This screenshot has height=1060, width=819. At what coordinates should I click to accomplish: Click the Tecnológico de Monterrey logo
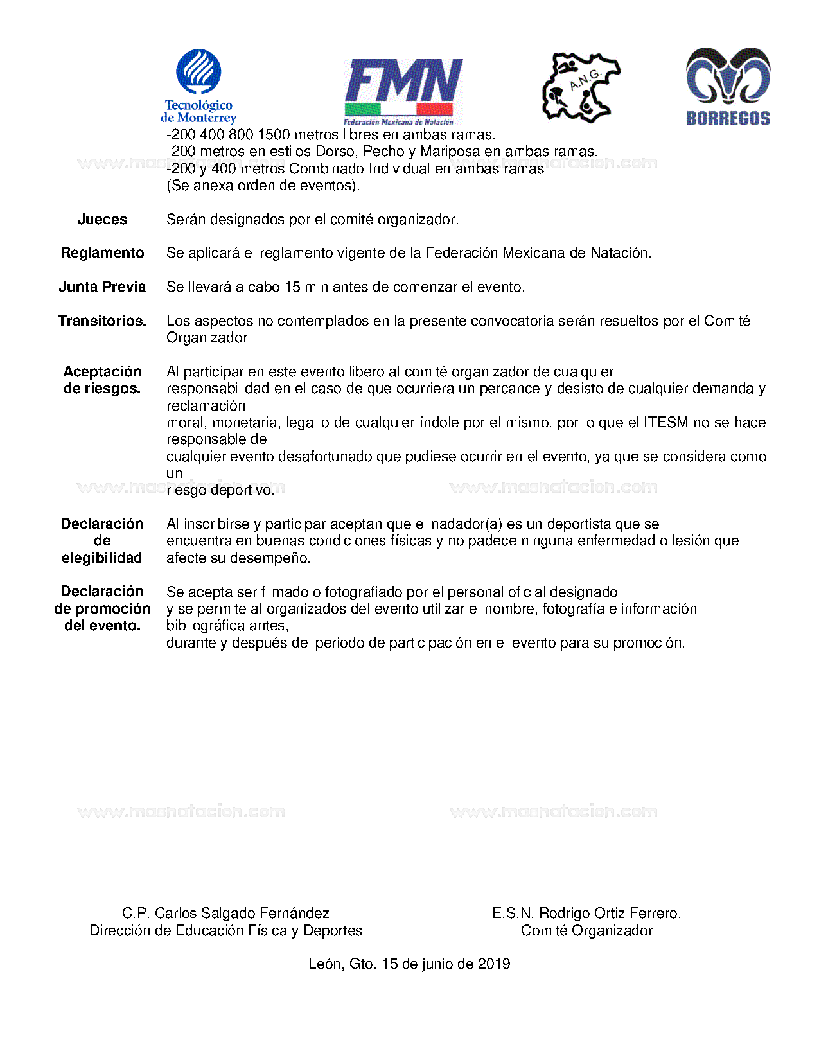point(198,87)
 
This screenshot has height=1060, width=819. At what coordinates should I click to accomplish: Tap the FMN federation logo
point(403,92)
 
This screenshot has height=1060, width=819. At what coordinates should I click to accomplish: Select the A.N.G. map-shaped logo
point(581,87)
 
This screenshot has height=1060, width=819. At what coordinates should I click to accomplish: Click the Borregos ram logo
point(728,86)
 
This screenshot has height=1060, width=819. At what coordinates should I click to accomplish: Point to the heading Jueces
point(102,220)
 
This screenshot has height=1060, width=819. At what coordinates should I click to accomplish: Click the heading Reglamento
point(102,253)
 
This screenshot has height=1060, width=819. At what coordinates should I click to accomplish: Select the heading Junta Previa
point(102,287)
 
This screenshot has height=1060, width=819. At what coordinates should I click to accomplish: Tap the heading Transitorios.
point(102,321)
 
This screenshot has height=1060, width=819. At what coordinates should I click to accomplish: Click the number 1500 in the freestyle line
point(274,135)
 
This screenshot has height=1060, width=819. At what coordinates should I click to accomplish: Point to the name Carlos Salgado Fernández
point(242,914)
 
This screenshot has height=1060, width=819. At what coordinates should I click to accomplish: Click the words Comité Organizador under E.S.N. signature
point(586,931)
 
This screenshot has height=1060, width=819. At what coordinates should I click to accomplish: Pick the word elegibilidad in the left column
point(102,558)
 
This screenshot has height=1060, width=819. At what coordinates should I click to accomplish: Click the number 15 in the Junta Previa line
point(292,287)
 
